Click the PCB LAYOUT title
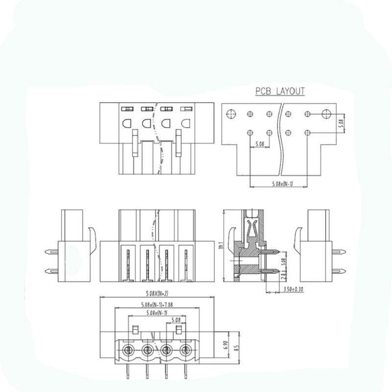point(280,91)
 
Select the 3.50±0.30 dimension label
point(293,290)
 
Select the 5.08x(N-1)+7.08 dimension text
point(157,305)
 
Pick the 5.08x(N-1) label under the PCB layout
point(283,184)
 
